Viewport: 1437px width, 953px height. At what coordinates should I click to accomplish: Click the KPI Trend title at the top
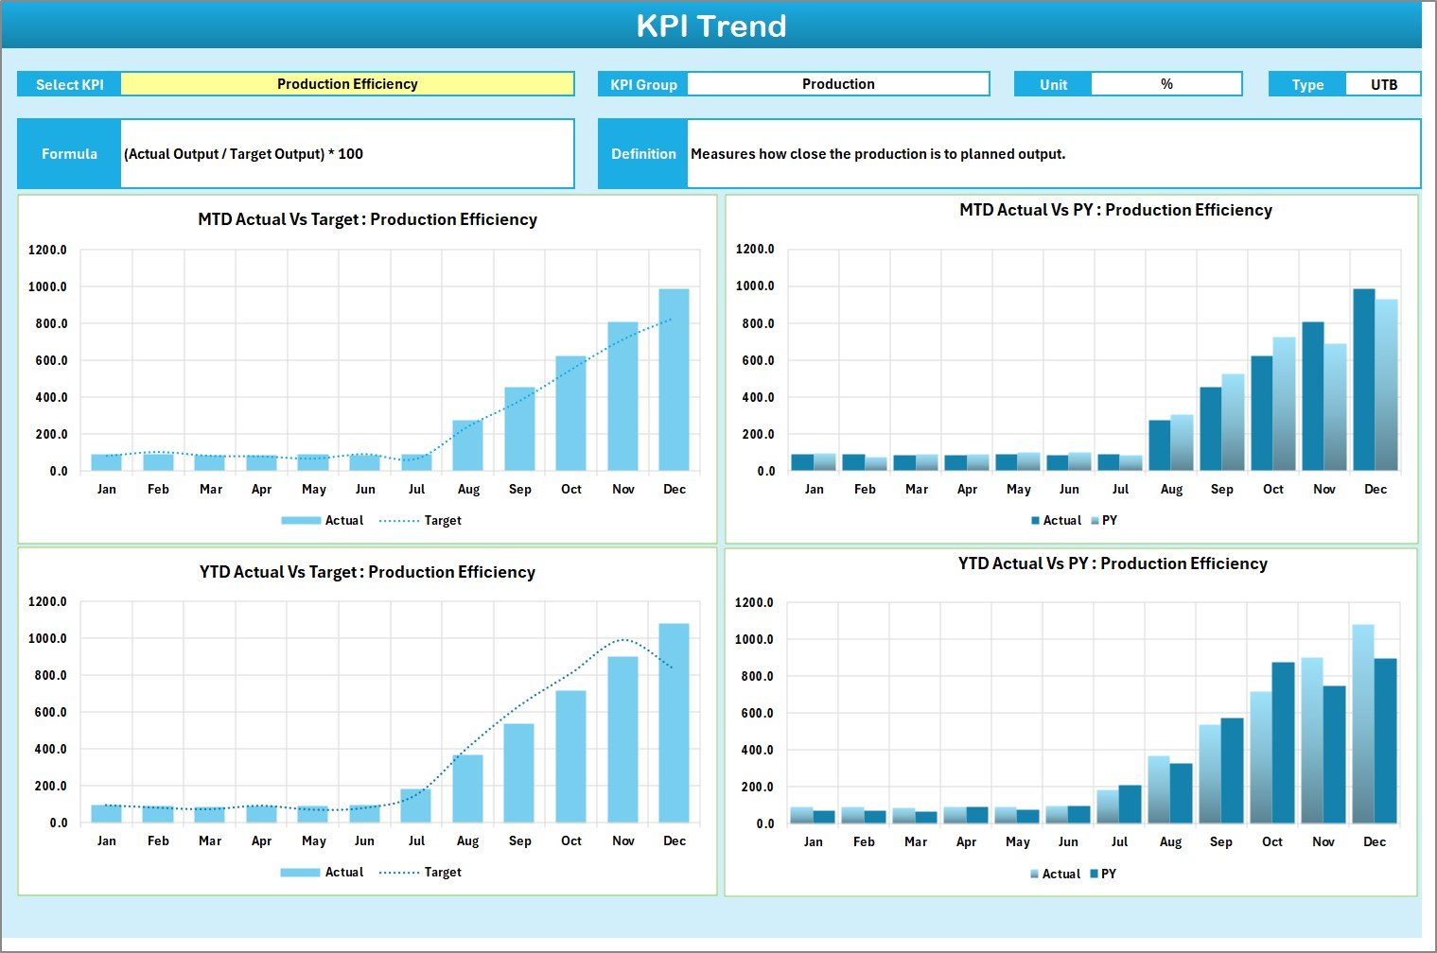[710, 26]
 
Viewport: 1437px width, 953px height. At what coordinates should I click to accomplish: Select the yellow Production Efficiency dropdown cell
[347, 84]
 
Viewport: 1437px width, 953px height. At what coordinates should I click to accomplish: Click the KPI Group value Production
[838, 84]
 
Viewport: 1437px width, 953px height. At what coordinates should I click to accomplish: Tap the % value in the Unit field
[1166, 84]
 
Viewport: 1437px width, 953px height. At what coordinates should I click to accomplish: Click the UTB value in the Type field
[1383, 84]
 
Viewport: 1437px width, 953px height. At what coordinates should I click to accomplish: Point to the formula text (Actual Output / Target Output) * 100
[244, 154]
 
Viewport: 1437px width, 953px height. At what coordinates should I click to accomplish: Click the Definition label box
[643, 154]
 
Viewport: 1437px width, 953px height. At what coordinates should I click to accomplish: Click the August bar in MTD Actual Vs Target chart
[468, 445]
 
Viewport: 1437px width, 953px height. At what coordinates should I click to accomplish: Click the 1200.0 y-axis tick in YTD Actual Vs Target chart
[48, 601]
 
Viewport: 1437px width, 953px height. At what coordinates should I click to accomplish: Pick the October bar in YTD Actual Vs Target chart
[571, 755]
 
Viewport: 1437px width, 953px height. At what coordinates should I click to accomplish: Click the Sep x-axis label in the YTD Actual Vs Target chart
[520, 840]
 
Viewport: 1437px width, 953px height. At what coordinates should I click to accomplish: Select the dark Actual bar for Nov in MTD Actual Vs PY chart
[1313, 396]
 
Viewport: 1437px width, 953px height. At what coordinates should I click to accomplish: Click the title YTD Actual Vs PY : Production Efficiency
[1113, 563]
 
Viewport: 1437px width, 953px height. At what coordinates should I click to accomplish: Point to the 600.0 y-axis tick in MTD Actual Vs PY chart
[756, 360]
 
